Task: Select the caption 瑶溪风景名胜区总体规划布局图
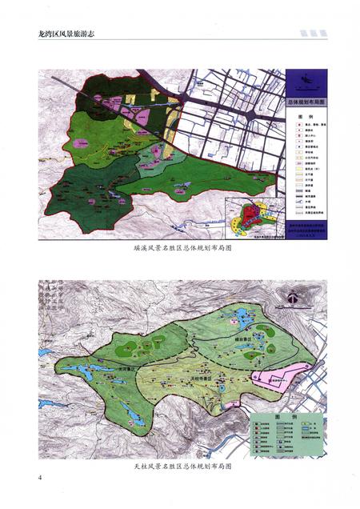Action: point(179,249)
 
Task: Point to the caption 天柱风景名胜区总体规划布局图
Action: point(179,464)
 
